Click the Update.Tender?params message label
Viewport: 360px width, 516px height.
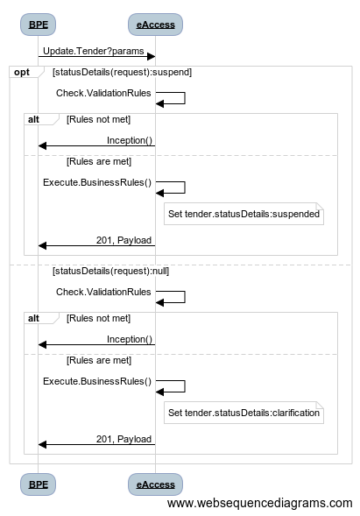94,51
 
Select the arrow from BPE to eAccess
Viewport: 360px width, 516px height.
96,57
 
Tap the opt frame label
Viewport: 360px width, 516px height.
22,72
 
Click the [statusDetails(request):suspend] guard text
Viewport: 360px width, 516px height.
122,72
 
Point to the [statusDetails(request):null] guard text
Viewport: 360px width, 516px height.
111,271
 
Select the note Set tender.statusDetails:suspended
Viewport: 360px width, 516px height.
244,214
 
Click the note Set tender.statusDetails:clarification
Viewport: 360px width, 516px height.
244,413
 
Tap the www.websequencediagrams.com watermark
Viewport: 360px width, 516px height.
260,503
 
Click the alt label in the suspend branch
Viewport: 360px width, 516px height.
33,119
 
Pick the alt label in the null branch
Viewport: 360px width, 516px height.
33,318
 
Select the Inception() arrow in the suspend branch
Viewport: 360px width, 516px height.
96,145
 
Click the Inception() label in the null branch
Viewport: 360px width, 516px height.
130,339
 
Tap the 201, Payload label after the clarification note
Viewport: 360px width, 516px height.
124,439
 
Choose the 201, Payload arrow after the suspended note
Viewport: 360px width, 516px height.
96,245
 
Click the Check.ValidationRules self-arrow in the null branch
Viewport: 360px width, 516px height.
185,297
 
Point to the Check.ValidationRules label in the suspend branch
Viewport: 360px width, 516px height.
103,93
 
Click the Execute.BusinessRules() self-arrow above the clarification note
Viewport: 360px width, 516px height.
185,386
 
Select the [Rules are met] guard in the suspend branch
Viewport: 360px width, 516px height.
99,161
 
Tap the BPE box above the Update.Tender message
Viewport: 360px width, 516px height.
39,25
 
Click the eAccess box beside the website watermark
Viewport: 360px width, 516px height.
155,484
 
